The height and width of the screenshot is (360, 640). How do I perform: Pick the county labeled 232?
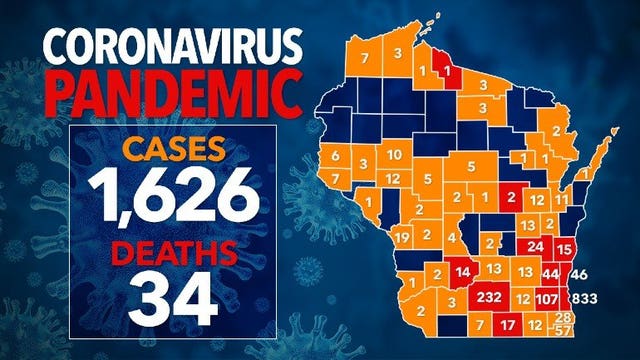tap(489, 298)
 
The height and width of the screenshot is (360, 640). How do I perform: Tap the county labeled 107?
tap(546, 298)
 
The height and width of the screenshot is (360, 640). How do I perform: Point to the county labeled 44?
tap(549, 272)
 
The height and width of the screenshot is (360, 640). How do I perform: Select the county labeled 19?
tap(402, 236)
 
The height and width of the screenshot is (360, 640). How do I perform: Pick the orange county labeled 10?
tap(395, 154)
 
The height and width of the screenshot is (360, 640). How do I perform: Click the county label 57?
tap(564, 330)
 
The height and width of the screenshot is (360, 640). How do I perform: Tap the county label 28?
tap(563, 317)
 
